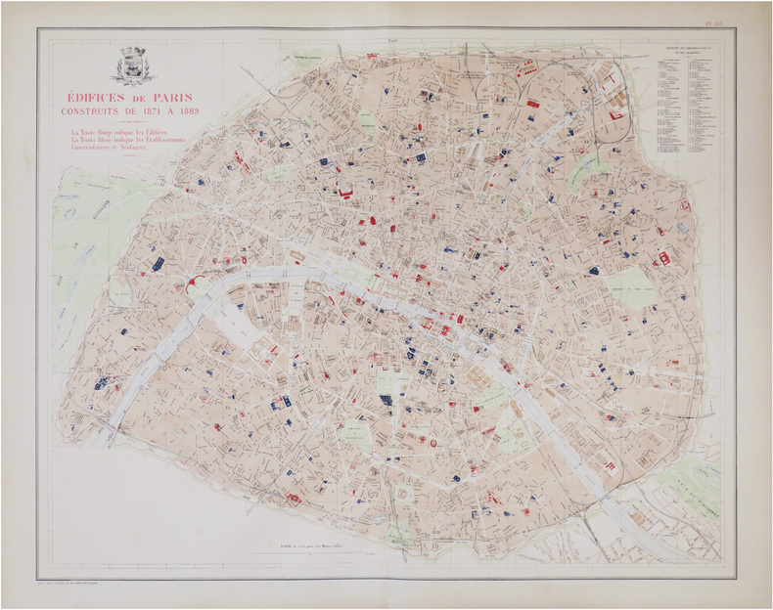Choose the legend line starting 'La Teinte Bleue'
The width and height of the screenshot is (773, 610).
pos(131,140)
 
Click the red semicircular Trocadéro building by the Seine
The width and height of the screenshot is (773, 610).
pos(192,283)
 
